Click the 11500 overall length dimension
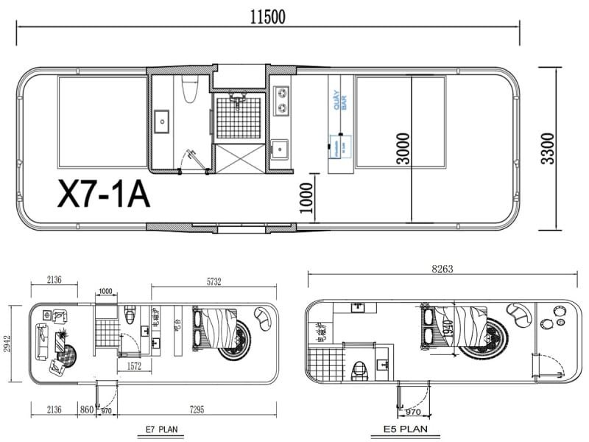pos(268,16)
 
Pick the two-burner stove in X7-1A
pos(281,102)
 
